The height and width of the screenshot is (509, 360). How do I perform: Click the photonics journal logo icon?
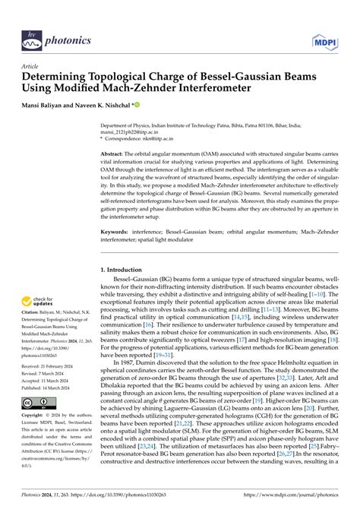(31, 39)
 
